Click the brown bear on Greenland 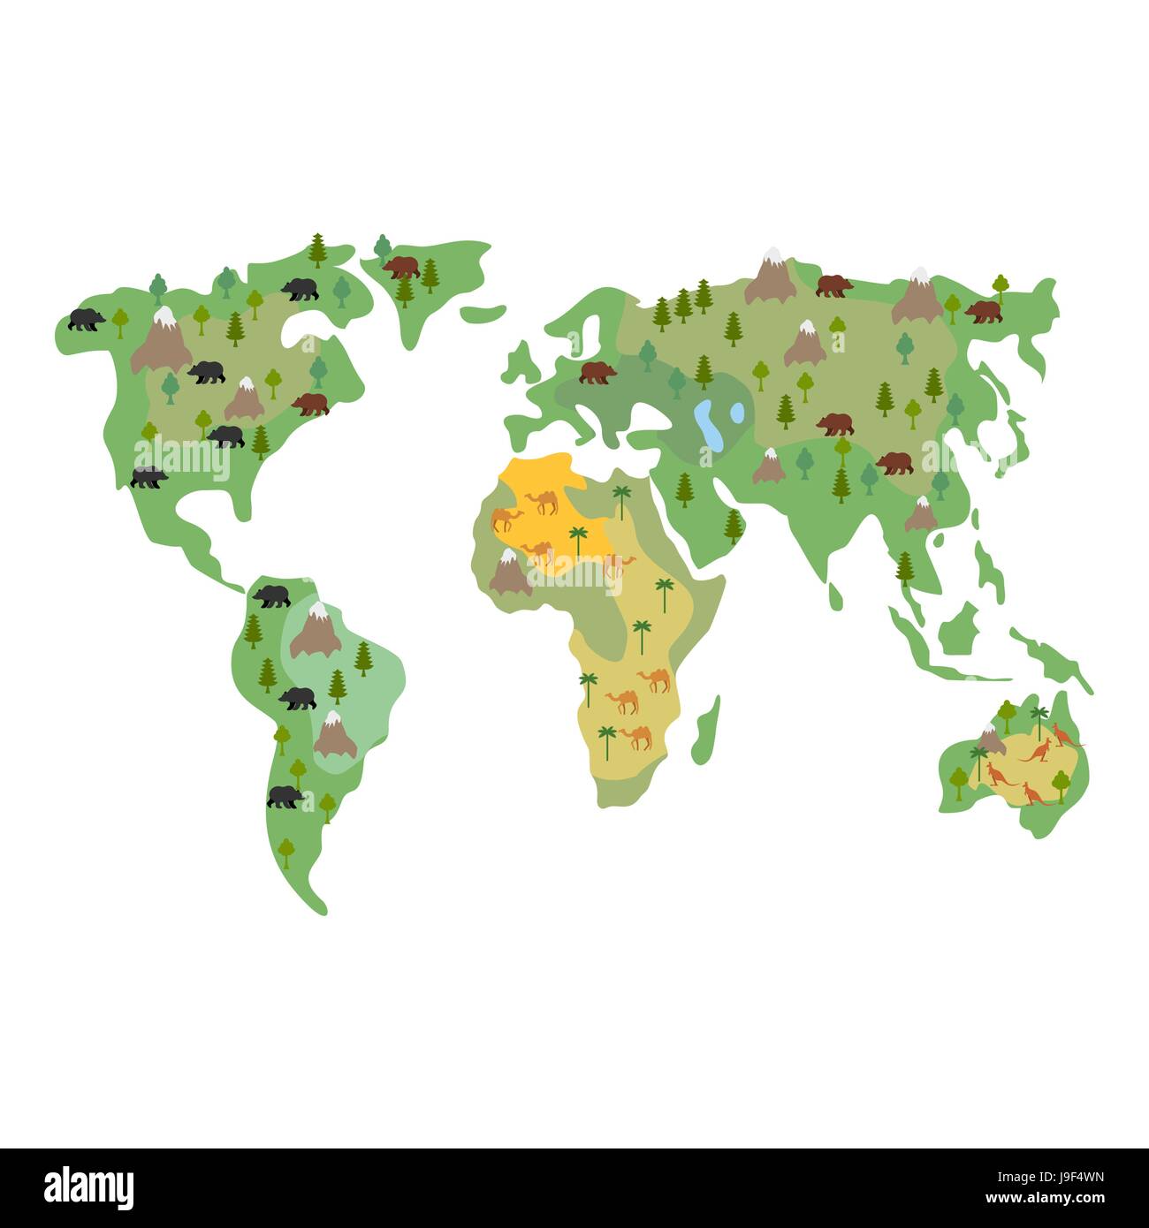(401, 266)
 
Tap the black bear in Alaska (87, 319)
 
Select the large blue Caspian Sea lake (706, 423)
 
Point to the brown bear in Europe (598, 373)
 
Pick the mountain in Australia (990, 740)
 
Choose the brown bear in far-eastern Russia (983, 311)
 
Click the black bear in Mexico (148, 478)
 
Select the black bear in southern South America (285, 797)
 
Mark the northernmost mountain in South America (316, 629)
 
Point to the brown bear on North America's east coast (310, 405)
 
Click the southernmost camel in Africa (636, 736)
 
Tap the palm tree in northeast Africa (622, 499)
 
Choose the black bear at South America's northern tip (272, 596)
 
